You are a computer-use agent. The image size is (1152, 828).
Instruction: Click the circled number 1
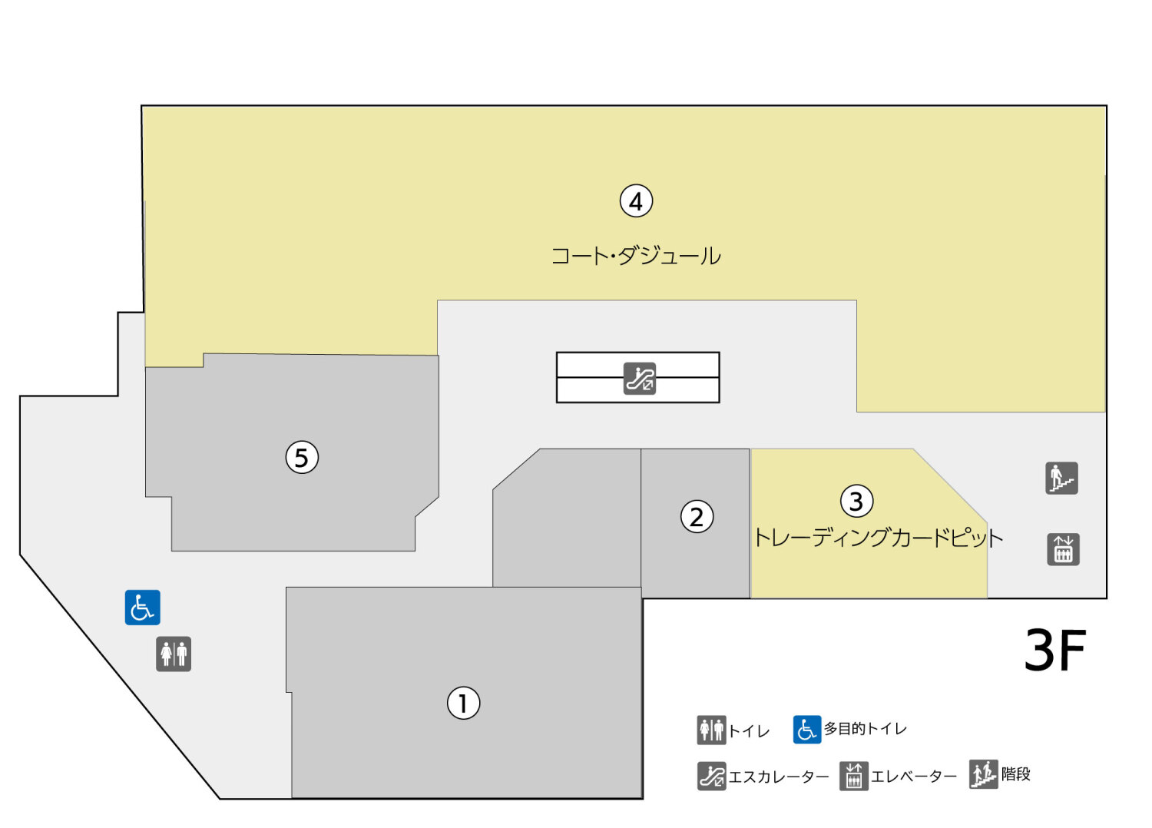tap(463, 703)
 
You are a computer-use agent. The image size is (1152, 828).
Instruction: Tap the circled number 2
tap(697, 517)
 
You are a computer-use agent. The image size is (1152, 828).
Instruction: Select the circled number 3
tap(856, 502)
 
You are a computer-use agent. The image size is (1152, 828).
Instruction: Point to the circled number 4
tap(636, 201)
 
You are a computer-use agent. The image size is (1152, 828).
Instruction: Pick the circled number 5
tap(302, 458)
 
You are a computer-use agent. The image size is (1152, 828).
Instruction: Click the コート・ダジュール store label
tap(636, 256)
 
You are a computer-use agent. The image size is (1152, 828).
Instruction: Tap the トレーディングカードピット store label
tap(878, 537)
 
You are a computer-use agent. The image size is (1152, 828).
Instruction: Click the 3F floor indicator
tap(1055, 651)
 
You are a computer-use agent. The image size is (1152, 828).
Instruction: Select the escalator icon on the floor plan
tap(640, 378)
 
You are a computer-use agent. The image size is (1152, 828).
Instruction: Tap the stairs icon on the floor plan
tap(1061, 478)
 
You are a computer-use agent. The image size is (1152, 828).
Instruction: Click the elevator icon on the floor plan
tap(1063, 549)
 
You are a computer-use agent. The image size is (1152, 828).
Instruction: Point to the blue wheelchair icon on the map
tap(142, 608)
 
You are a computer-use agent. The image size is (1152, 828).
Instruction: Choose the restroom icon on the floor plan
tap(174, 654)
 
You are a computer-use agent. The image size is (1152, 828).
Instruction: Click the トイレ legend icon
tap(711, 730)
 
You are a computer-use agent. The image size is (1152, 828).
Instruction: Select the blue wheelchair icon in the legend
tap(806, 730)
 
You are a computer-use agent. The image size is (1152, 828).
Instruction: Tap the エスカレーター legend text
tap(778, 777)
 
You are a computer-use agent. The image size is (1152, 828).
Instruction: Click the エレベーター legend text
tap(913, 777)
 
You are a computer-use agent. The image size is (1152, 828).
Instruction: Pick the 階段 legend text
tap(1015, 774)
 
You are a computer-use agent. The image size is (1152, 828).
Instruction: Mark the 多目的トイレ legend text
tap(865, 729)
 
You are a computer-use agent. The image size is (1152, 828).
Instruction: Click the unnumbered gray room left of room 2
tap(567, 522)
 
